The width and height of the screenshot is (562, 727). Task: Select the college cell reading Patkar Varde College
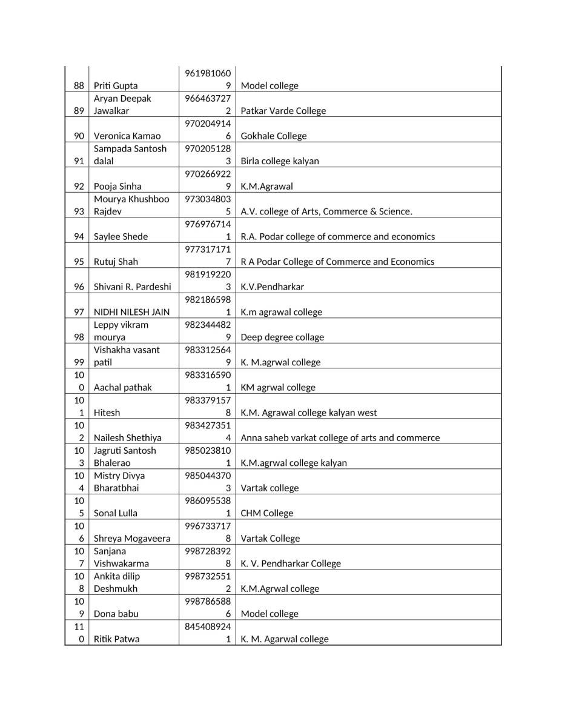pyautogui.click(x=283, y=111)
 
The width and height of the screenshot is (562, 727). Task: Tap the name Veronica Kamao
pyautogui.click(x=127, y=136)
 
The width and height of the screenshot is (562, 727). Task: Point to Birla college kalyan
pyautogui.click(x=280, y=161)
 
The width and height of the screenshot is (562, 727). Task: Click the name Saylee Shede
pyautogui.click(x=121, y=237)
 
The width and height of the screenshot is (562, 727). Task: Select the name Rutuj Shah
pyautogui.click(x=116, y=262)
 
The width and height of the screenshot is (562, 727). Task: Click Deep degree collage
pyautogui.click(x=282, y=337)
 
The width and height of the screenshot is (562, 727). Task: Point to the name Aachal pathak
pyautogui.click(x=123, y=388)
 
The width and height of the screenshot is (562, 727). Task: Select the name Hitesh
pyautogui.click(x=107, y=413)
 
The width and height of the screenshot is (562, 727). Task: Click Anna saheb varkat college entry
pyautogui.click(x=340, y=438)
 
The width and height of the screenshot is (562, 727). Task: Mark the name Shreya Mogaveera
pyautogui.click(x=132, y=539)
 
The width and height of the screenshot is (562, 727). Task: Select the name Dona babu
pyautogui.click(x=116, y=614)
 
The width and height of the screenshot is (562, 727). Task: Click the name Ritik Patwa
pyautogui.click(x=116, y=639)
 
